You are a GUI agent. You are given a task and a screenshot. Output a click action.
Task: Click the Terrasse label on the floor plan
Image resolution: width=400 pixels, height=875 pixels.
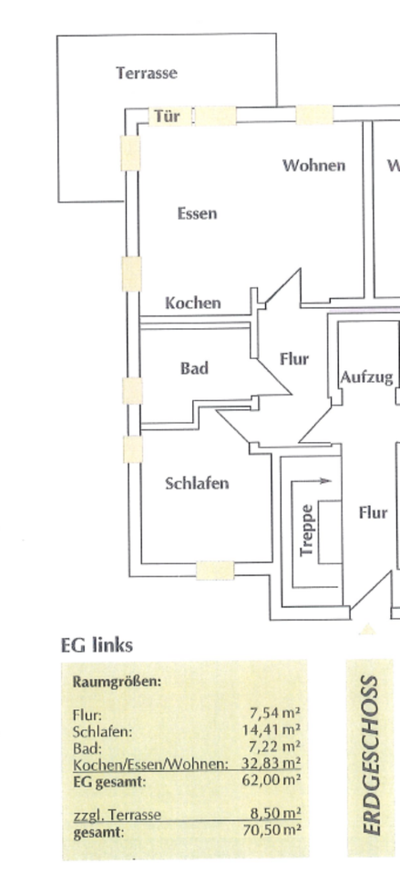coord(147,73)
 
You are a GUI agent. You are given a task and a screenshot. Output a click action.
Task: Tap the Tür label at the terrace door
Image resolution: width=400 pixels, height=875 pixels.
coord(167,116)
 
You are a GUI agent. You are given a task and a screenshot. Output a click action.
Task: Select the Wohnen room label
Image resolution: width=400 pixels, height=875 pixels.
coord(313,165)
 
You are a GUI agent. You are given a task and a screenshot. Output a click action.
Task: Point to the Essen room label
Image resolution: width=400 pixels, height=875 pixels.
coord(197,213)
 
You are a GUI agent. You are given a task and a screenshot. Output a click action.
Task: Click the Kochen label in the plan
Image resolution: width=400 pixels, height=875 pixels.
coord(193,303)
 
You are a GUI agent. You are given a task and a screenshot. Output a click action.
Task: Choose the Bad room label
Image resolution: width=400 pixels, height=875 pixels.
coord(194,368)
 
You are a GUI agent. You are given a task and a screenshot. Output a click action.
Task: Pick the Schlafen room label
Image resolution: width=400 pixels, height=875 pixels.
coord(197,483)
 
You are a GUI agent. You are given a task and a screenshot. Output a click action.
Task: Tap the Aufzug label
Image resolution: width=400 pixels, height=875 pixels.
coord(367,377)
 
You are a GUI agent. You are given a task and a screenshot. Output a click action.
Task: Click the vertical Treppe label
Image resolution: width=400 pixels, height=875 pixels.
coord(306,530)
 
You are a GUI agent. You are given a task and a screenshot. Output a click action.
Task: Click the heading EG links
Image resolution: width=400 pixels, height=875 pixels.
coord(97,645)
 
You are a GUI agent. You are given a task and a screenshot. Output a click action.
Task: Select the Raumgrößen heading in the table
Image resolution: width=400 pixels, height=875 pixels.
coord(117,682)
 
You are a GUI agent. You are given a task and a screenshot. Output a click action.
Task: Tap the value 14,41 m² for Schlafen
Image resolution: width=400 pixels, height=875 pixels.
coord(272,729)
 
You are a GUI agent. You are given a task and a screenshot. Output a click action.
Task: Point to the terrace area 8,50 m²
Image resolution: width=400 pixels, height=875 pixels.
coord(275,814)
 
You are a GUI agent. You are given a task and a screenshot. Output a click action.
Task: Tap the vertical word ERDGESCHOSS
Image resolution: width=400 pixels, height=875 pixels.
coord(371,756)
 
